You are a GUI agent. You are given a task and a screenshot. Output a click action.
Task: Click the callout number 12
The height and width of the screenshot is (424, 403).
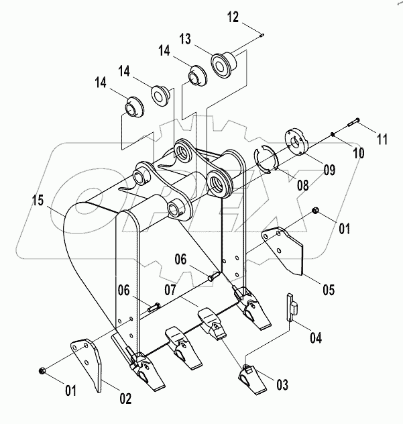coord(233,17)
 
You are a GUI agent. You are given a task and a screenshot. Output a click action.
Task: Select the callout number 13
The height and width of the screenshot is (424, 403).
coord(186,39)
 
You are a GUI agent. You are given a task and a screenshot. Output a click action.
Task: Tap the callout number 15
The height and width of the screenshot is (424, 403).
coord(38,201)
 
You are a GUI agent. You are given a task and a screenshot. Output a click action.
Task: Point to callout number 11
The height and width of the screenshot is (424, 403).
coord(382,140)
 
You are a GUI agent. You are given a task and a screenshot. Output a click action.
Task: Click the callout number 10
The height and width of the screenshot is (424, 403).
coord(359,153)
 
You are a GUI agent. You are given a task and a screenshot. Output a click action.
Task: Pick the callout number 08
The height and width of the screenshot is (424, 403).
coord(302,185)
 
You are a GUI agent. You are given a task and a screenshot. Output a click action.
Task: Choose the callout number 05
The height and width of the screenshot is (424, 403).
coord(329,290)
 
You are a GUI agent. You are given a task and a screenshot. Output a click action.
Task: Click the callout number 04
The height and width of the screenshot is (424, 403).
coord(316,338)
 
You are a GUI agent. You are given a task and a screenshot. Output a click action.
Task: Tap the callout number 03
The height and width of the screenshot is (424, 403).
coord(282,384)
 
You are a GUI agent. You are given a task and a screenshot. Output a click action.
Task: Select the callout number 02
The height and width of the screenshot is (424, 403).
coord(125,399)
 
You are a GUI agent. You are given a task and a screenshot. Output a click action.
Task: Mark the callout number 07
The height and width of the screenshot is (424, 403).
coord(171,290)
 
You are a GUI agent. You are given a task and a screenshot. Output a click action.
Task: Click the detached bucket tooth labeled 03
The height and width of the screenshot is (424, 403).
coord(252,379)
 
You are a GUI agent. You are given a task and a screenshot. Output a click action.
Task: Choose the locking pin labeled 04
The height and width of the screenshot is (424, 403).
coord(292,307)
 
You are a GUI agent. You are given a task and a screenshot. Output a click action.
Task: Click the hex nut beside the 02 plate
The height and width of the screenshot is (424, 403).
coord(42,370)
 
